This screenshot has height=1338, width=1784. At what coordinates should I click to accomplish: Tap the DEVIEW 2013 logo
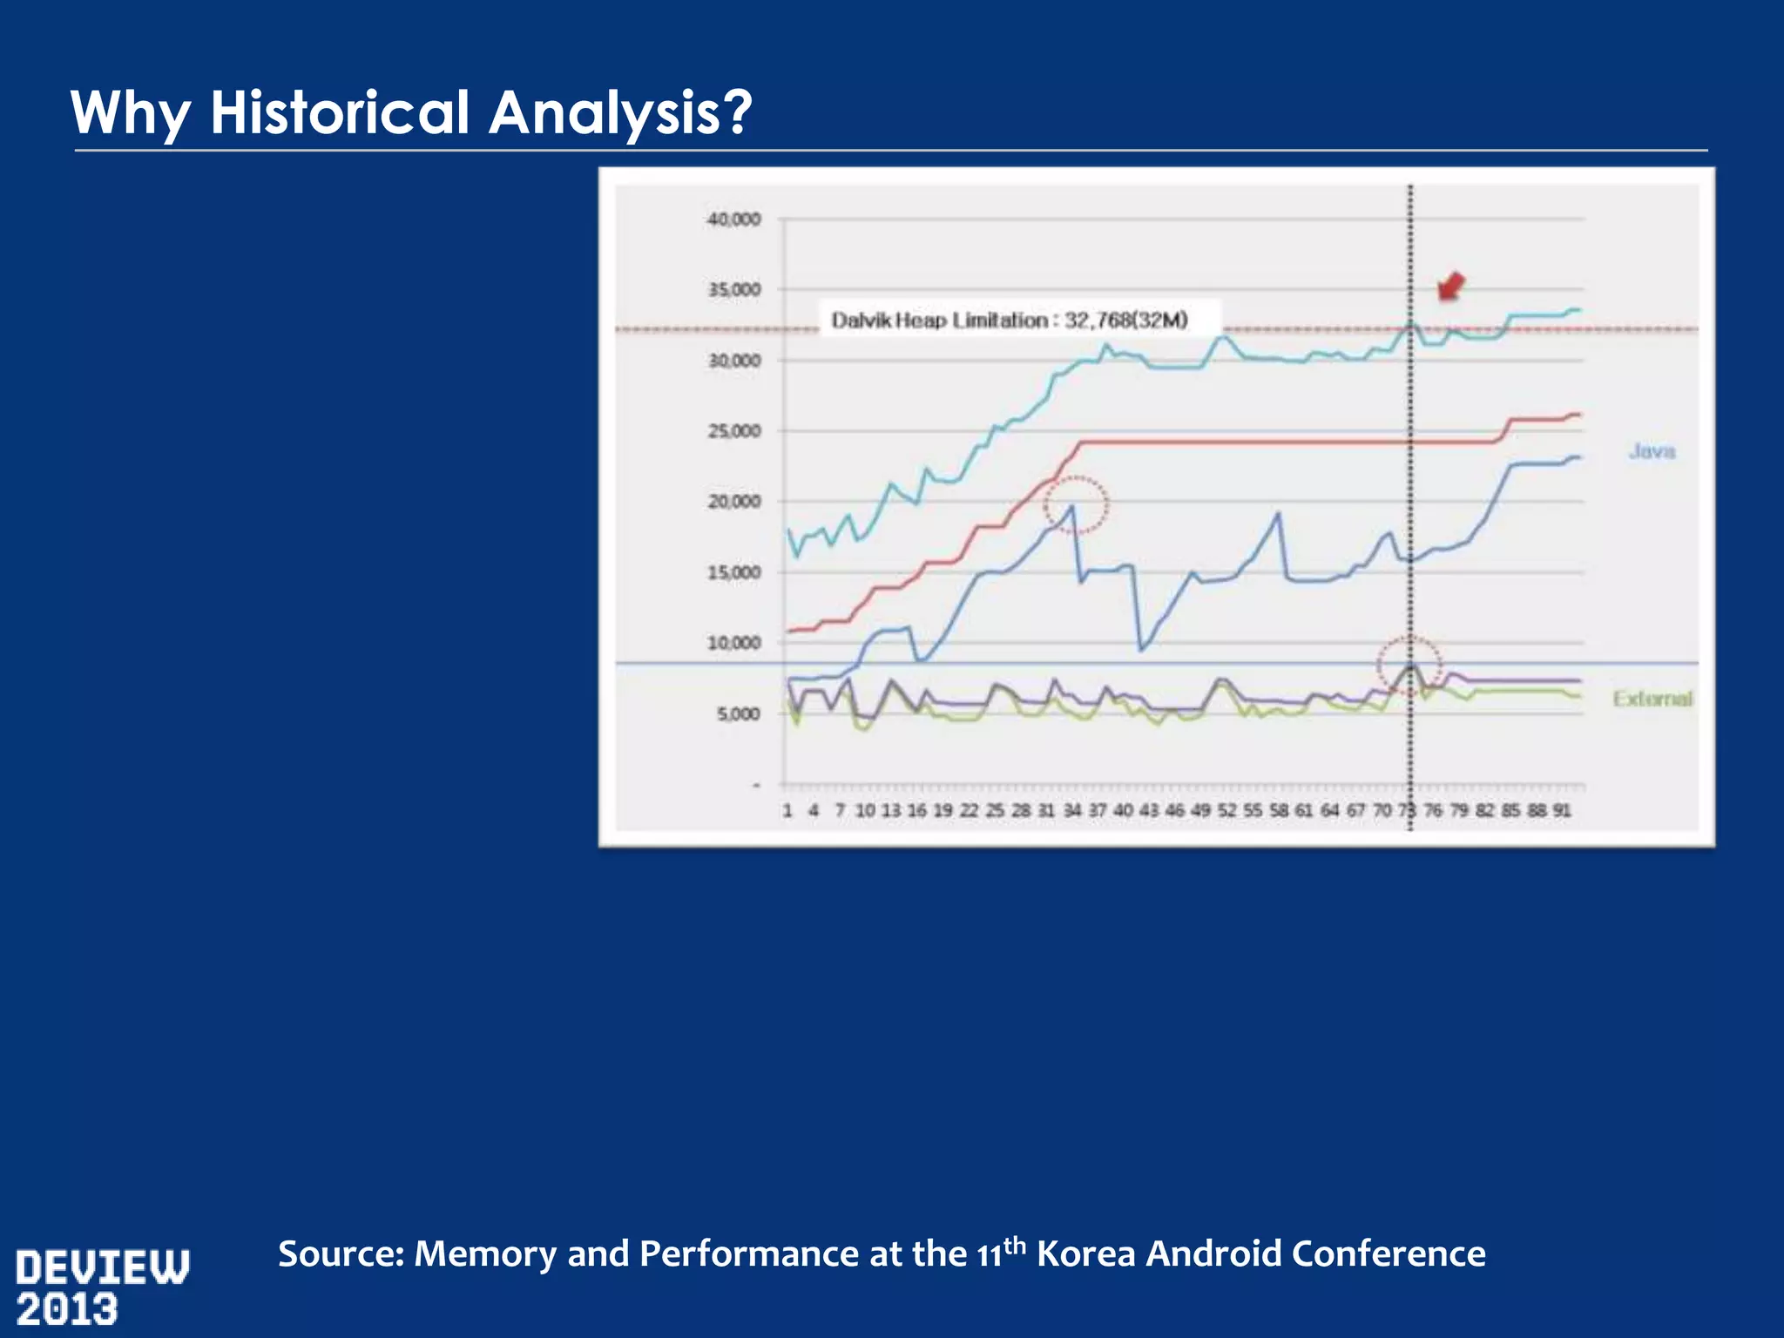click(102, 1287)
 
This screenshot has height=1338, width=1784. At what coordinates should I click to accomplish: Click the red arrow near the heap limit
click(1449, 286)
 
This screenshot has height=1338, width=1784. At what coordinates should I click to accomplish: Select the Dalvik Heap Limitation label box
click(1010, 320)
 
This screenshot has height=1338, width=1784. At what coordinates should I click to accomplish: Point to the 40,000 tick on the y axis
click(733, 219)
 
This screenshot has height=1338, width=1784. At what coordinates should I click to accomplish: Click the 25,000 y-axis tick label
click(733, 431)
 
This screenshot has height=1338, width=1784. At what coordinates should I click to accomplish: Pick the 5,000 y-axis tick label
click(738, 713)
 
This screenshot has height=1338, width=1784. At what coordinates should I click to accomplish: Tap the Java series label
click(1652, 451)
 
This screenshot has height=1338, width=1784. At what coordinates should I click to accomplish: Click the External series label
click(1652, 699)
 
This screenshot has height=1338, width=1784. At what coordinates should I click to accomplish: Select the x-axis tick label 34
click(1071, 810)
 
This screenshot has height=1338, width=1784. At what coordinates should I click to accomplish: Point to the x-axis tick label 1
click(787, 810)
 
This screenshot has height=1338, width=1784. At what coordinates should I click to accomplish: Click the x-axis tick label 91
click(1562, 810)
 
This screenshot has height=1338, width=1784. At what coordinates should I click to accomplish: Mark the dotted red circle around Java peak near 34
click(1077, 503)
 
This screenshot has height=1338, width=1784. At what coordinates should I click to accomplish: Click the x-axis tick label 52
click(1226, 810)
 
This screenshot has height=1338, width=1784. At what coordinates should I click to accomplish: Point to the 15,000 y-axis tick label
click(733, 572)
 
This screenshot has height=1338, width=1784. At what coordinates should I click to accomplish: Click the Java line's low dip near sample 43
click(1141, 649)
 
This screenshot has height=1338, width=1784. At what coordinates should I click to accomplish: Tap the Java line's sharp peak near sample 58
click(1278, 514)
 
